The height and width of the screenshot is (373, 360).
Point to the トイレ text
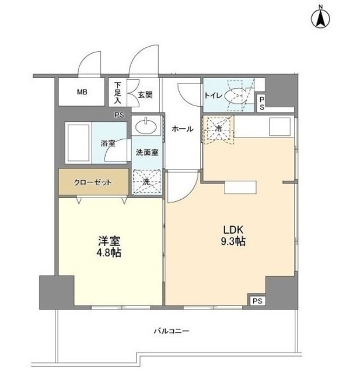click(x=212, y=96)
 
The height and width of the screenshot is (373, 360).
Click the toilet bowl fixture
click(x=238, y=96)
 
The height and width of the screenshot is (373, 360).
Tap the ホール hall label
click(x=183, y=129)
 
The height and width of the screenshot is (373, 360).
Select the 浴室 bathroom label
click(x=107, y=142)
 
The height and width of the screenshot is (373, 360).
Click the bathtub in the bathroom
click(x=77, y=143)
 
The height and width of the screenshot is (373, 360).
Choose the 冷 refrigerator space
click(x=217, y=129)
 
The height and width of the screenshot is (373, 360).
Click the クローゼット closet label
click(x=93, y=181)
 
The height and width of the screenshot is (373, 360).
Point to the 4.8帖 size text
click(x=108, y=253)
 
